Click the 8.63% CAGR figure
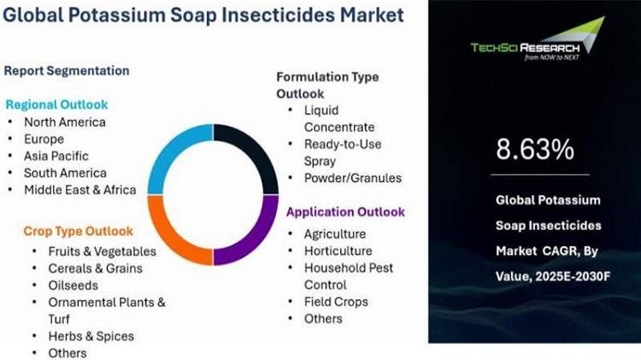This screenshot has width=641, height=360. pyautogui.click(x=535, y=149)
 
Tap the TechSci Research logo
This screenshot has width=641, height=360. pyautogui.click(x=538, y=39)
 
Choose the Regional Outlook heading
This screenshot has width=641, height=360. pyautogui.click(x=56, y=104)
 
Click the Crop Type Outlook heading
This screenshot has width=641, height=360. pyautogui.click(x=78, y=231)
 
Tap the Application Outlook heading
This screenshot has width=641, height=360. pyautogui.click(x=345, y=212)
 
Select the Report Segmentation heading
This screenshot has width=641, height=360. pyautogui.click(x=67, y=71)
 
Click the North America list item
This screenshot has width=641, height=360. pyautogui.click(x=65, y=122)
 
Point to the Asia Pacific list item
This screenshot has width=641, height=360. pyautogui.click(x=56, y=156)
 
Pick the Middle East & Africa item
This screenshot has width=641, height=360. pyautogui.click(x=80, y=190)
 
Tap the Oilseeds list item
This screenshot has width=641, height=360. pyautogui.click(x=74, y=285)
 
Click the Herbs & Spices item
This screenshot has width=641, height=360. pyautogui.click(x=91, y=336)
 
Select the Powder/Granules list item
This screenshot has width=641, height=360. pyautogui.click(x=353, y=178)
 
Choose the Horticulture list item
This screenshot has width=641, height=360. pyautogui.click(x=338, y=251)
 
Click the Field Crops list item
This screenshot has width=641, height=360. pyautogui.click(x=336, y=302)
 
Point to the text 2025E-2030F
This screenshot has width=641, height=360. pyautogui.click(x=573, y=276)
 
